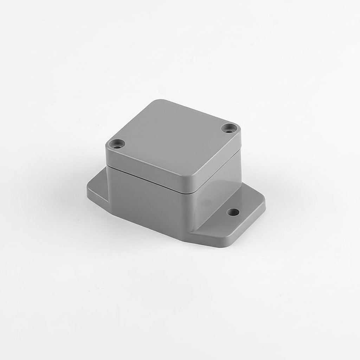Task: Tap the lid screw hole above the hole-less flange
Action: tap(117, 143)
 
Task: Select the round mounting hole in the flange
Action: tap(232, 212)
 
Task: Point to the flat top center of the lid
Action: tap(172, 137)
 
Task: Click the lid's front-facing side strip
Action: tap(148, 169)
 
